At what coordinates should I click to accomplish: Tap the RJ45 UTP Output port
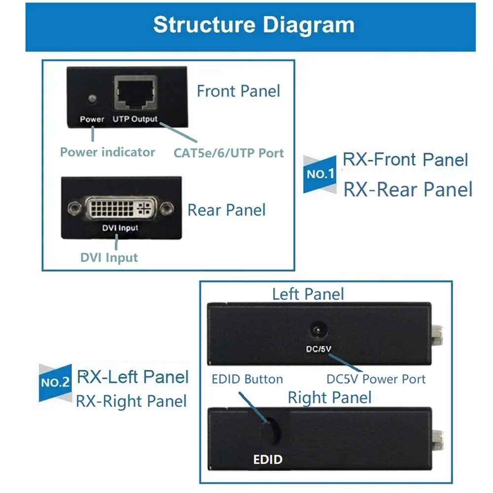[x=136, y=94]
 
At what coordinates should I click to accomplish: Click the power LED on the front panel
[x=91, y=99]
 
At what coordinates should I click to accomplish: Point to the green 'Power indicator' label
[x=107, y=152]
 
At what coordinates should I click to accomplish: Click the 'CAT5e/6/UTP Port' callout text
[x=229, y=152]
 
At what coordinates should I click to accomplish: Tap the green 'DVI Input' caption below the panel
[x=109, y=257]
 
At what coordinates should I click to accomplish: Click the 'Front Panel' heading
[x=238, y=91]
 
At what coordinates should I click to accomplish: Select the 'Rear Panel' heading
[x=226, y=210]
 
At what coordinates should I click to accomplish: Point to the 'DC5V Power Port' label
[x=376, y=379]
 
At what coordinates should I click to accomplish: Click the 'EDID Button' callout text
[x=247, y=379]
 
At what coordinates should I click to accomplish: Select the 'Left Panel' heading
[x=308, y=294]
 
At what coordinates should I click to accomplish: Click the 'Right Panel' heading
[x=329, y=397]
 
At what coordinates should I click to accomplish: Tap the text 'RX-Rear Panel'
[x=408, y=189]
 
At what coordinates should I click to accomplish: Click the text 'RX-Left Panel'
[x=133, y=377]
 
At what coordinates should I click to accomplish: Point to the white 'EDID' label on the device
[x=268, y=459]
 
